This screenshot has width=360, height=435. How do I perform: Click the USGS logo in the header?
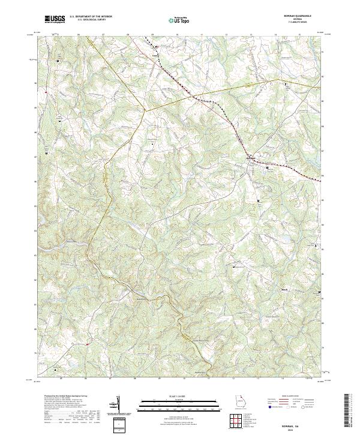[55, 19]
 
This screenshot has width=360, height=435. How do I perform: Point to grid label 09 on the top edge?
[152, 35]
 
